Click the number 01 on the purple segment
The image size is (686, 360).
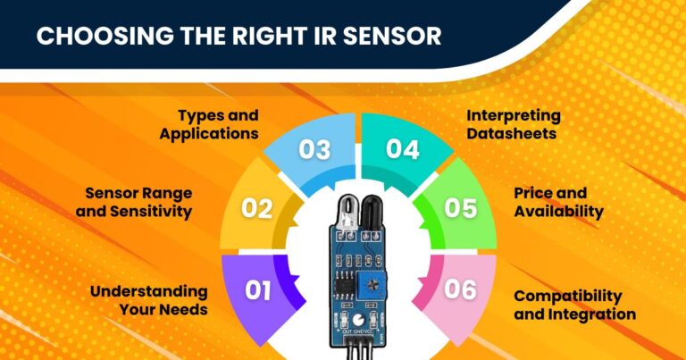tap(257, 289)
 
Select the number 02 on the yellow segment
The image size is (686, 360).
tap(257, 208)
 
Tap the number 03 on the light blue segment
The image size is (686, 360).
tap(314, 150)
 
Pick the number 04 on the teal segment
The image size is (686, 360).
tap(402, 149)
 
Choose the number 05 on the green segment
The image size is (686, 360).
tap(460, 208)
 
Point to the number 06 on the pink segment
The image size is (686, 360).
tap(460, 289)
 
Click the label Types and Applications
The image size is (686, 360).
tap(217, 124)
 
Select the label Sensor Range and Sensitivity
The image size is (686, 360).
tap(138, 202)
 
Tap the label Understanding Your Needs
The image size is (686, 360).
tap(148, 300)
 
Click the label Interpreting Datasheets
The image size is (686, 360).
tap(514, 124)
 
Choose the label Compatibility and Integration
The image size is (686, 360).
tap(574, 305)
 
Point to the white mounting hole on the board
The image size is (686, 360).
tap(358, 319)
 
